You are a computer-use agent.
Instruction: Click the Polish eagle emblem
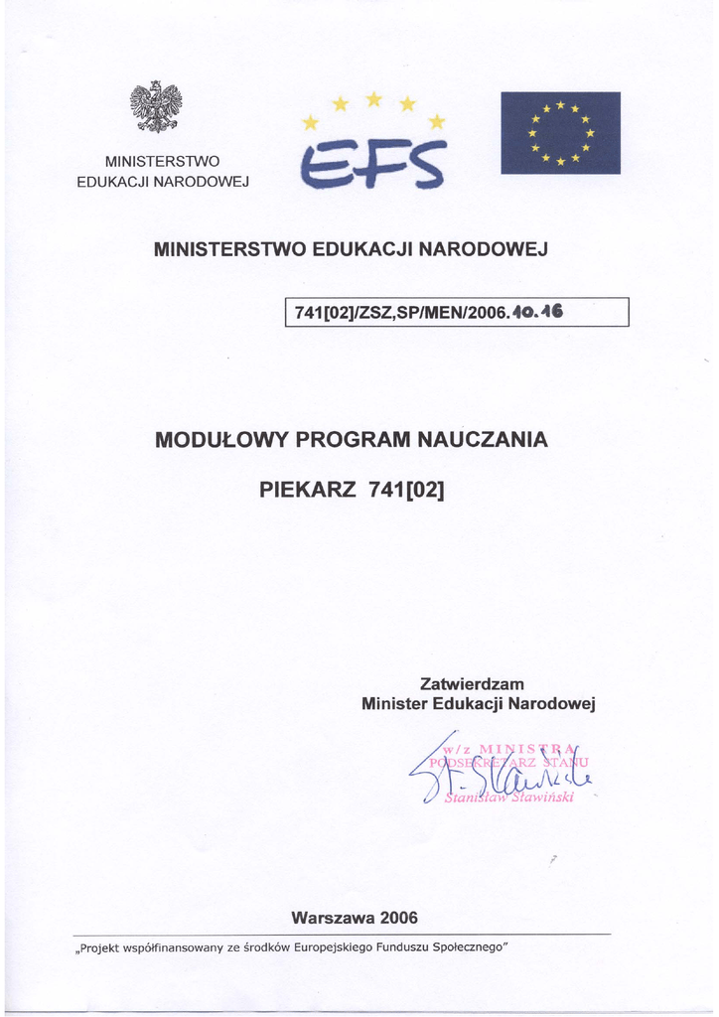click(x=156, y=107)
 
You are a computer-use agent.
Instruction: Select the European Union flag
click(x=560, y=133)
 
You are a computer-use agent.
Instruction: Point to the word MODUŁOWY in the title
click(x=219, y=439)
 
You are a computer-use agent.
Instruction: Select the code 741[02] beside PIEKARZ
click(x=407, y=489)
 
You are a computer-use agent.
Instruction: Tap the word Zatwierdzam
click(x=472, y=684)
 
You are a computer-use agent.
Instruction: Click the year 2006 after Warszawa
click(x=399, y=917)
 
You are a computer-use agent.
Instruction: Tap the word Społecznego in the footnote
click(x=473, y=947)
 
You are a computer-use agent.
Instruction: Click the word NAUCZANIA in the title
click(x=487, y=439)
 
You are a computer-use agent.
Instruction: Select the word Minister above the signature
click(x=396, y=704)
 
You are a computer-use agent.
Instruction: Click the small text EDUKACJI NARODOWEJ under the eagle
click(x=163, y=181)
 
